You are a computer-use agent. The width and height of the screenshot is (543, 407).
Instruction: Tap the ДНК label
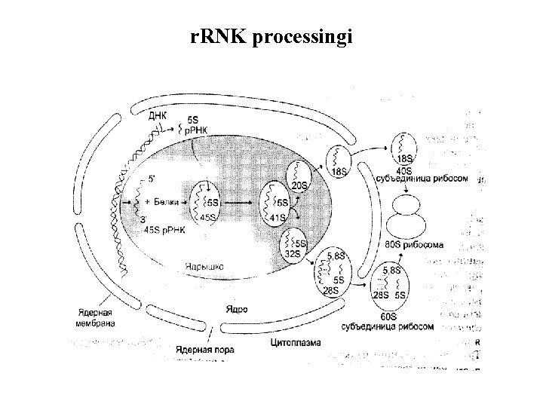(158, 115)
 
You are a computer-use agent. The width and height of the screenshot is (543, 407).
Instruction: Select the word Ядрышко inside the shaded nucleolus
(204, 266)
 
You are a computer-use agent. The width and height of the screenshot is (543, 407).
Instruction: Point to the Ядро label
(235, 309)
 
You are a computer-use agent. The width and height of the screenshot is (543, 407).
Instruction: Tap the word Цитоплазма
(294, 342)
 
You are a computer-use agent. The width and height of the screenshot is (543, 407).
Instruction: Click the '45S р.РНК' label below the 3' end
(161, 229)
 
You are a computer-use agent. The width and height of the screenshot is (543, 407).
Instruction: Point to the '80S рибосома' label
(414, 245)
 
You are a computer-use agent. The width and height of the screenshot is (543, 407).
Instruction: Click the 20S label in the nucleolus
(299, 185)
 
